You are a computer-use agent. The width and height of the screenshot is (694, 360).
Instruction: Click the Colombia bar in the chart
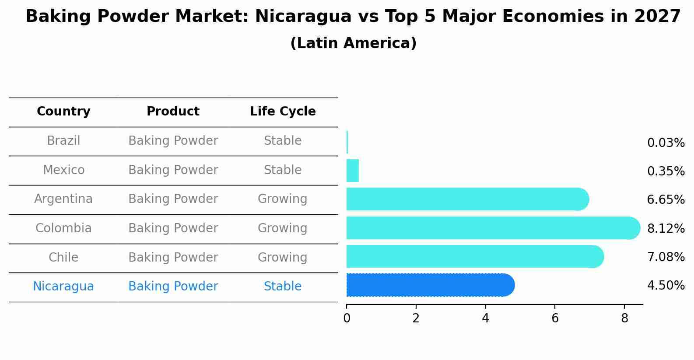pos(490,228)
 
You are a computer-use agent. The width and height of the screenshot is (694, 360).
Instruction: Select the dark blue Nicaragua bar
pos(429,285)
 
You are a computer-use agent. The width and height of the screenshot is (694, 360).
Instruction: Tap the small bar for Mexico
pos(353,171)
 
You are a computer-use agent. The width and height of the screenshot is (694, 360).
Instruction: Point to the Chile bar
pos(473,256)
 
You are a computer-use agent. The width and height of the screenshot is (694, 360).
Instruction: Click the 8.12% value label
pos(666,228)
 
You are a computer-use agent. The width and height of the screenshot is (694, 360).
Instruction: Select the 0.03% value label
pos(666,143)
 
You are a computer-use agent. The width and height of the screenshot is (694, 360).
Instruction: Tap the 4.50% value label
pos(666,286)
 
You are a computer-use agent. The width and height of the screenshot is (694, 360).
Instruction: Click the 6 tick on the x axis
pos(555,318)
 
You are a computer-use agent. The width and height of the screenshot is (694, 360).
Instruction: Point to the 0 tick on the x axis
pos(347,318)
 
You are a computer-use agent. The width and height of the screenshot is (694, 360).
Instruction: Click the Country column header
pos(63,112)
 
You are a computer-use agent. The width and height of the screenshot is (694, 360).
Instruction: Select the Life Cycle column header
pos(283,112)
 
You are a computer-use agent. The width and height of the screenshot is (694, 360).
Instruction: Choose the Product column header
pos(173,112)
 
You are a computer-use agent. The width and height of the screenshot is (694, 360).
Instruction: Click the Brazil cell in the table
pos(63,141)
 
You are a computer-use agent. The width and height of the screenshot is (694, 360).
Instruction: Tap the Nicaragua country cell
pos(63,287)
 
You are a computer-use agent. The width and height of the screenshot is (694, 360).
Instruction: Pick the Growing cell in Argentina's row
pos(282,199)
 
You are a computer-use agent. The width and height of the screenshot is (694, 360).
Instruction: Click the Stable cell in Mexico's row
pos(283,170)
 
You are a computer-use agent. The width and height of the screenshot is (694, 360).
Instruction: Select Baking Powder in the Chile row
pos(173,258)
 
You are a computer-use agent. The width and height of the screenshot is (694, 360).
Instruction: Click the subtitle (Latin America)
pos(353,43)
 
